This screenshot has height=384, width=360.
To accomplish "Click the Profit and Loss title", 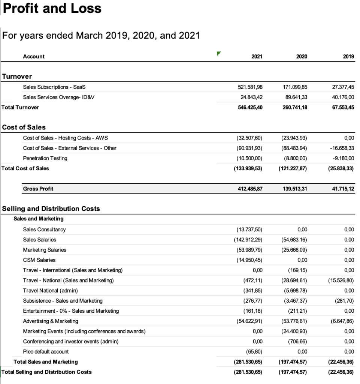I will tap(52, 8).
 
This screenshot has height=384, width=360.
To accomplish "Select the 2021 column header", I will tap(257, 57).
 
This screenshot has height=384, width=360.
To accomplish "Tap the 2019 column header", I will tap(348, 57).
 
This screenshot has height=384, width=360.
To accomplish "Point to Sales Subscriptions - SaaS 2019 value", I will tap(343, 87).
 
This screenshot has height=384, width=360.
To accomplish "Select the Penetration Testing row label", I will tap(45, 158).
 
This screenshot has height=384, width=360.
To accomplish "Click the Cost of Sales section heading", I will tap(24, 127).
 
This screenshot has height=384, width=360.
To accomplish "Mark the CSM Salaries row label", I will tap(39, 260).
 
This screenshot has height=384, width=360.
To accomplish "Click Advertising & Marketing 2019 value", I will tap(341, 321).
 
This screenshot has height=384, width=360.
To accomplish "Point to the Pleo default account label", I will tap(46, 352).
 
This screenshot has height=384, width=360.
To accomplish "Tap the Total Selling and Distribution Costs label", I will tap(46, 372).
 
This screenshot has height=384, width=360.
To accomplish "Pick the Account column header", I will tap(34, 57).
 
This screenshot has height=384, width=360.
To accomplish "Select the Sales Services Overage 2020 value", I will tap(295, 97).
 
